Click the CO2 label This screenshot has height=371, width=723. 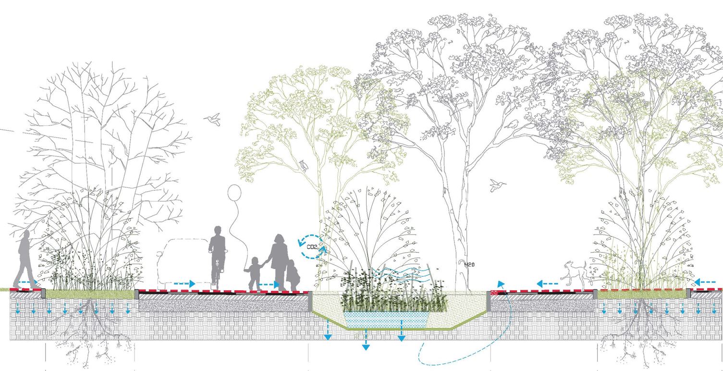click(x=312, y=247)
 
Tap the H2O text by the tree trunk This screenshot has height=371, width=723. click(x=469, y=264)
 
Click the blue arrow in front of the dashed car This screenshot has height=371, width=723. click(x=183, y=284)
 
